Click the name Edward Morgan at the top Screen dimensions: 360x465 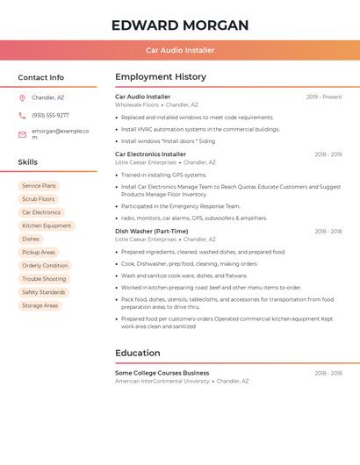180,25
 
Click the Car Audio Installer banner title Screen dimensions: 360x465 180,50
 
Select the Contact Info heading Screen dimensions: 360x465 41,77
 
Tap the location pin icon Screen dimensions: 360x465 22,98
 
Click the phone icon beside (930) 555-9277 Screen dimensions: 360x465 22,116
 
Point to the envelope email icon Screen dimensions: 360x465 22,134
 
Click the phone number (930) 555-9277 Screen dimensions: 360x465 50,116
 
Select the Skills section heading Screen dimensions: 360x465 28,162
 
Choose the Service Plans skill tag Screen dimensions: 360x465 39,186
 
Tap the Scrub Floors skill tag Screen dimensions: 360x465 39,199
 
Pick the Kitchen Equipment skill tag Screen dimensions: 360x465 47,225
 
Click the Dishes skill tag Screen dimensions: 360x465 31,239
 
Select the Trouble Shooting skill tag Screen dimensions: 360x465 44,279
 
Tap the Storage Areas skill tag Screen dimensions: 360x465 40,305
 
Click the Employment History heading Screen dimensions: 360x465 161,77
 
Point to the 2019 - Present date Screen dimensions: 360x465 324,97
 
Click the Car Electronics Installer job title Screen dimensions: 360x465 150,154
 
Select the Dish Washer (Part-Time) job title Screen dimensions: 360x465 151,232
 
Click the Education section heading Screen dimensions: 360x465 137,354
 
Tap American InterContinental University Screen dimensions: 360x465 162,382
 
